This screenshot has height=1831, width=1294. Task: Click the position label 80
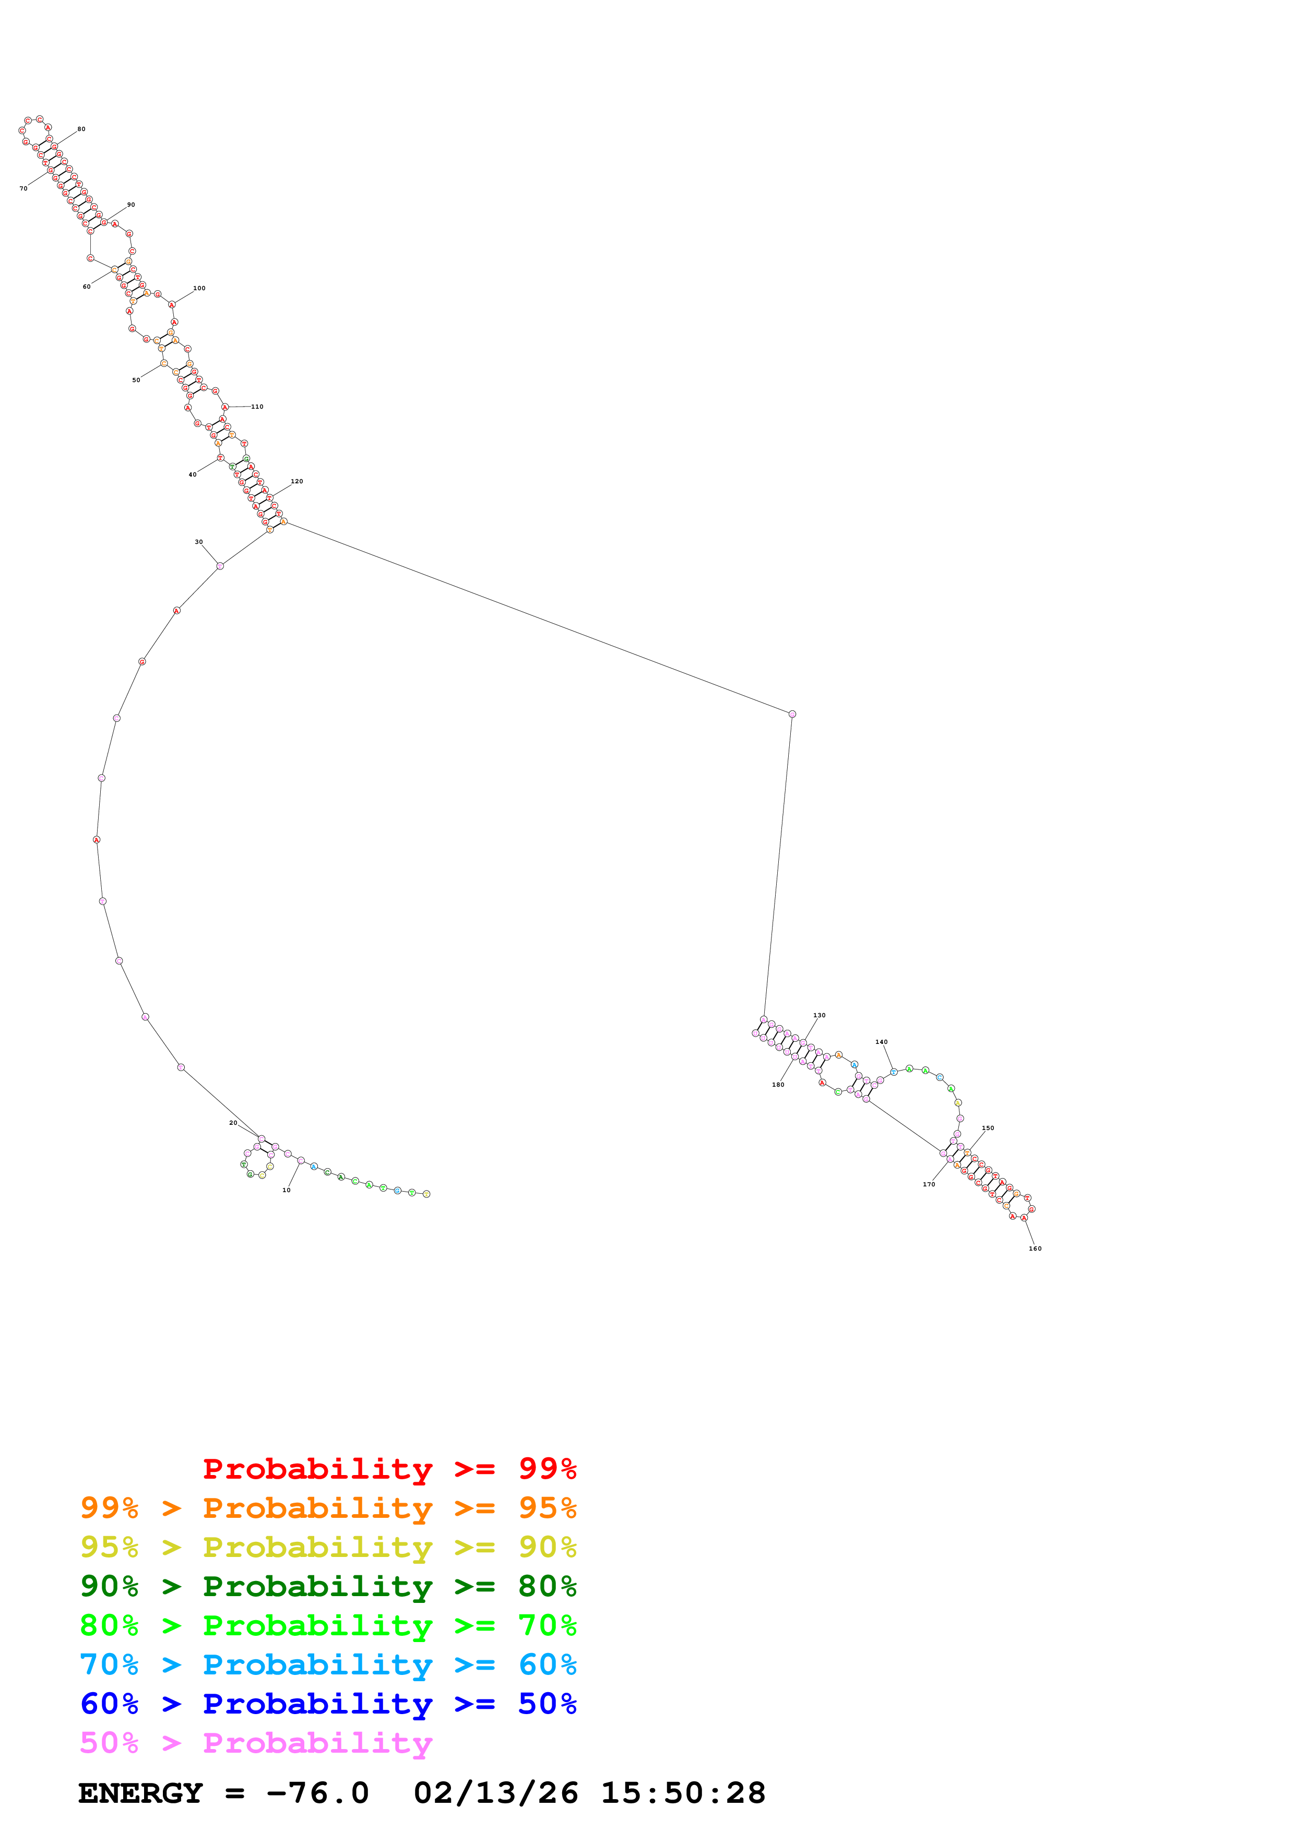(x=81, y=129)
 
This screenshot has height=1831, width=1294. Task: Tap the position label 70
(x=23, y=189)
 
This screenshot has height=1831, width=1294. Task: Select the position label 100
(x=199, y=289)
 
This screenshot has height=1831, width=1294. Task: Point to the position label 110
(x=257, y=407)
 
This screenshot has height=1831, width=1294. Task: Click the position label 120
(x=296, y=482)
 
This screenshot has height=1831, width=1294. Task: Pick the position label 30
(x=198, y=542)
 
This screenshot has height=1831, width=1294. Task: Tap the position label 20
(x=233, y=1123)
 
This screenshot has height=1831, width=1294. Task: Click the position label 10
(x=286, y=1190)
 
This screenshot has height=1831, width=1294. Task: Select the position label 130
(x=819, y=1015)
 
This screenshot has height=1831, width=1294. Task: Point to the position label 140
(x=881, y=1041)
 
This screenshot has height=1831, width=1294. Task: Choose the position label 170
(x=929, y=1184)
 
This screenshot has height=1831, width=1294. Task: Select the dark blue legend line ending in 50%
(x=328, y=1704)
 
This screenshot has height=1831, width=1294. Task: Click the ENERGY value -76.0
(x=317, y=1793)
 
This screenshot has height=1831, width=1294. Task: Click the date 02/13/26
(x=495, y=1793)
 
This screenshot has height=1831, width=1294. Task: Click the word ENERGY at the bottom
(x=140, y=1793)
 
